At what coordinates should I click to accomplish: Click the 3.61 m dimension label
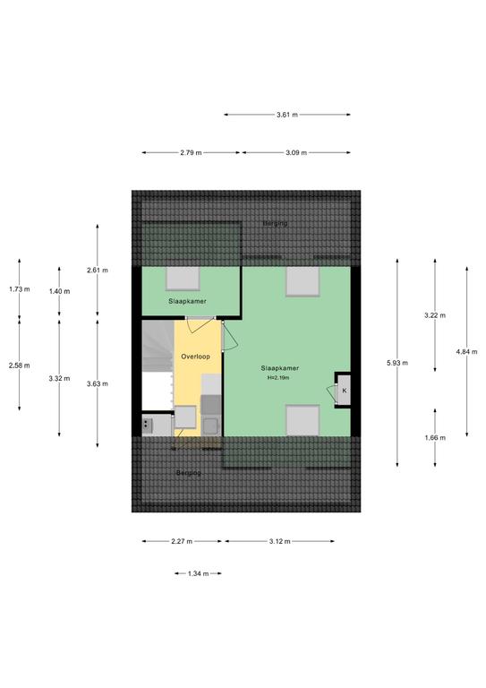(x=287, y=115)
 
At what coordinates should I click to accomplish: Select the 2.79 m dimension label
(x=191, y=152)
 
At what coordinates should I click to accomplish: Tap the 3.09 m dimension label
(x=296, y=152)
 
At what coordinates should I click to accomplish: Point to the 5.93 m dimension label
(x=397, y=363)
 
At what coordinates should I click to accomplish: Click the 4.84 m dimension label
(x=466, y=351)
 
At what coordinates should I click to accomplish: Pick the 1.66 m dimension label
(x=435, y=437)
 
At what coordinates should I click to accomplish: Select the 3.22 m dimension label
(x=435, y=315)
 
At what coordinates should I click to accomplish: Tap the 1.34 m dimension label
(x=198, y=573)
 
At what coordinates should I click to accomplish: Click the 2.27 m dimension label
(x=182, y=541)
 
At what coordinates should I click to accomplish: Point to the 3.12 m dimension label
(x=279, y=541)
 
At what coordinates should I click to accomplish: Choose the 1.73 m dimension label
(x=20, y=289)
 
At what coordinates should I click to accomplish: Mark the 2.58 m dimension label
(x=20, y=365)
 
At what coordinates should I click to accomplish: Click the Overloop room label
(x=195, y=357)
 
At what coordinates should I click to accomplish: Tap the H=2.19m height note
(x=278, y=377)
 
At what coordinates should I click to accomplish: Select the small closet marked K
(x=344, y=390)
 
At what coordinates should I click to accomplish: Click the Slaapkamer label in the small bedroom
(x=188, y=301)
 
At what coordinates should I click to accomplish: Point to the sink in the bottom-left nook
(x=148, y=426)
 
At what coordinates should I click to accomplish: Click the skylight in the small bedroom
(x=183, y=279)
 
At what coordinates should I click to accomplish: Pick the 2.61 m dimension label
(x=98, y=271)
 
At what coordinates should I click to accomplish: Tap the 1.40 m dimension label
(x=59, y=291)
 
